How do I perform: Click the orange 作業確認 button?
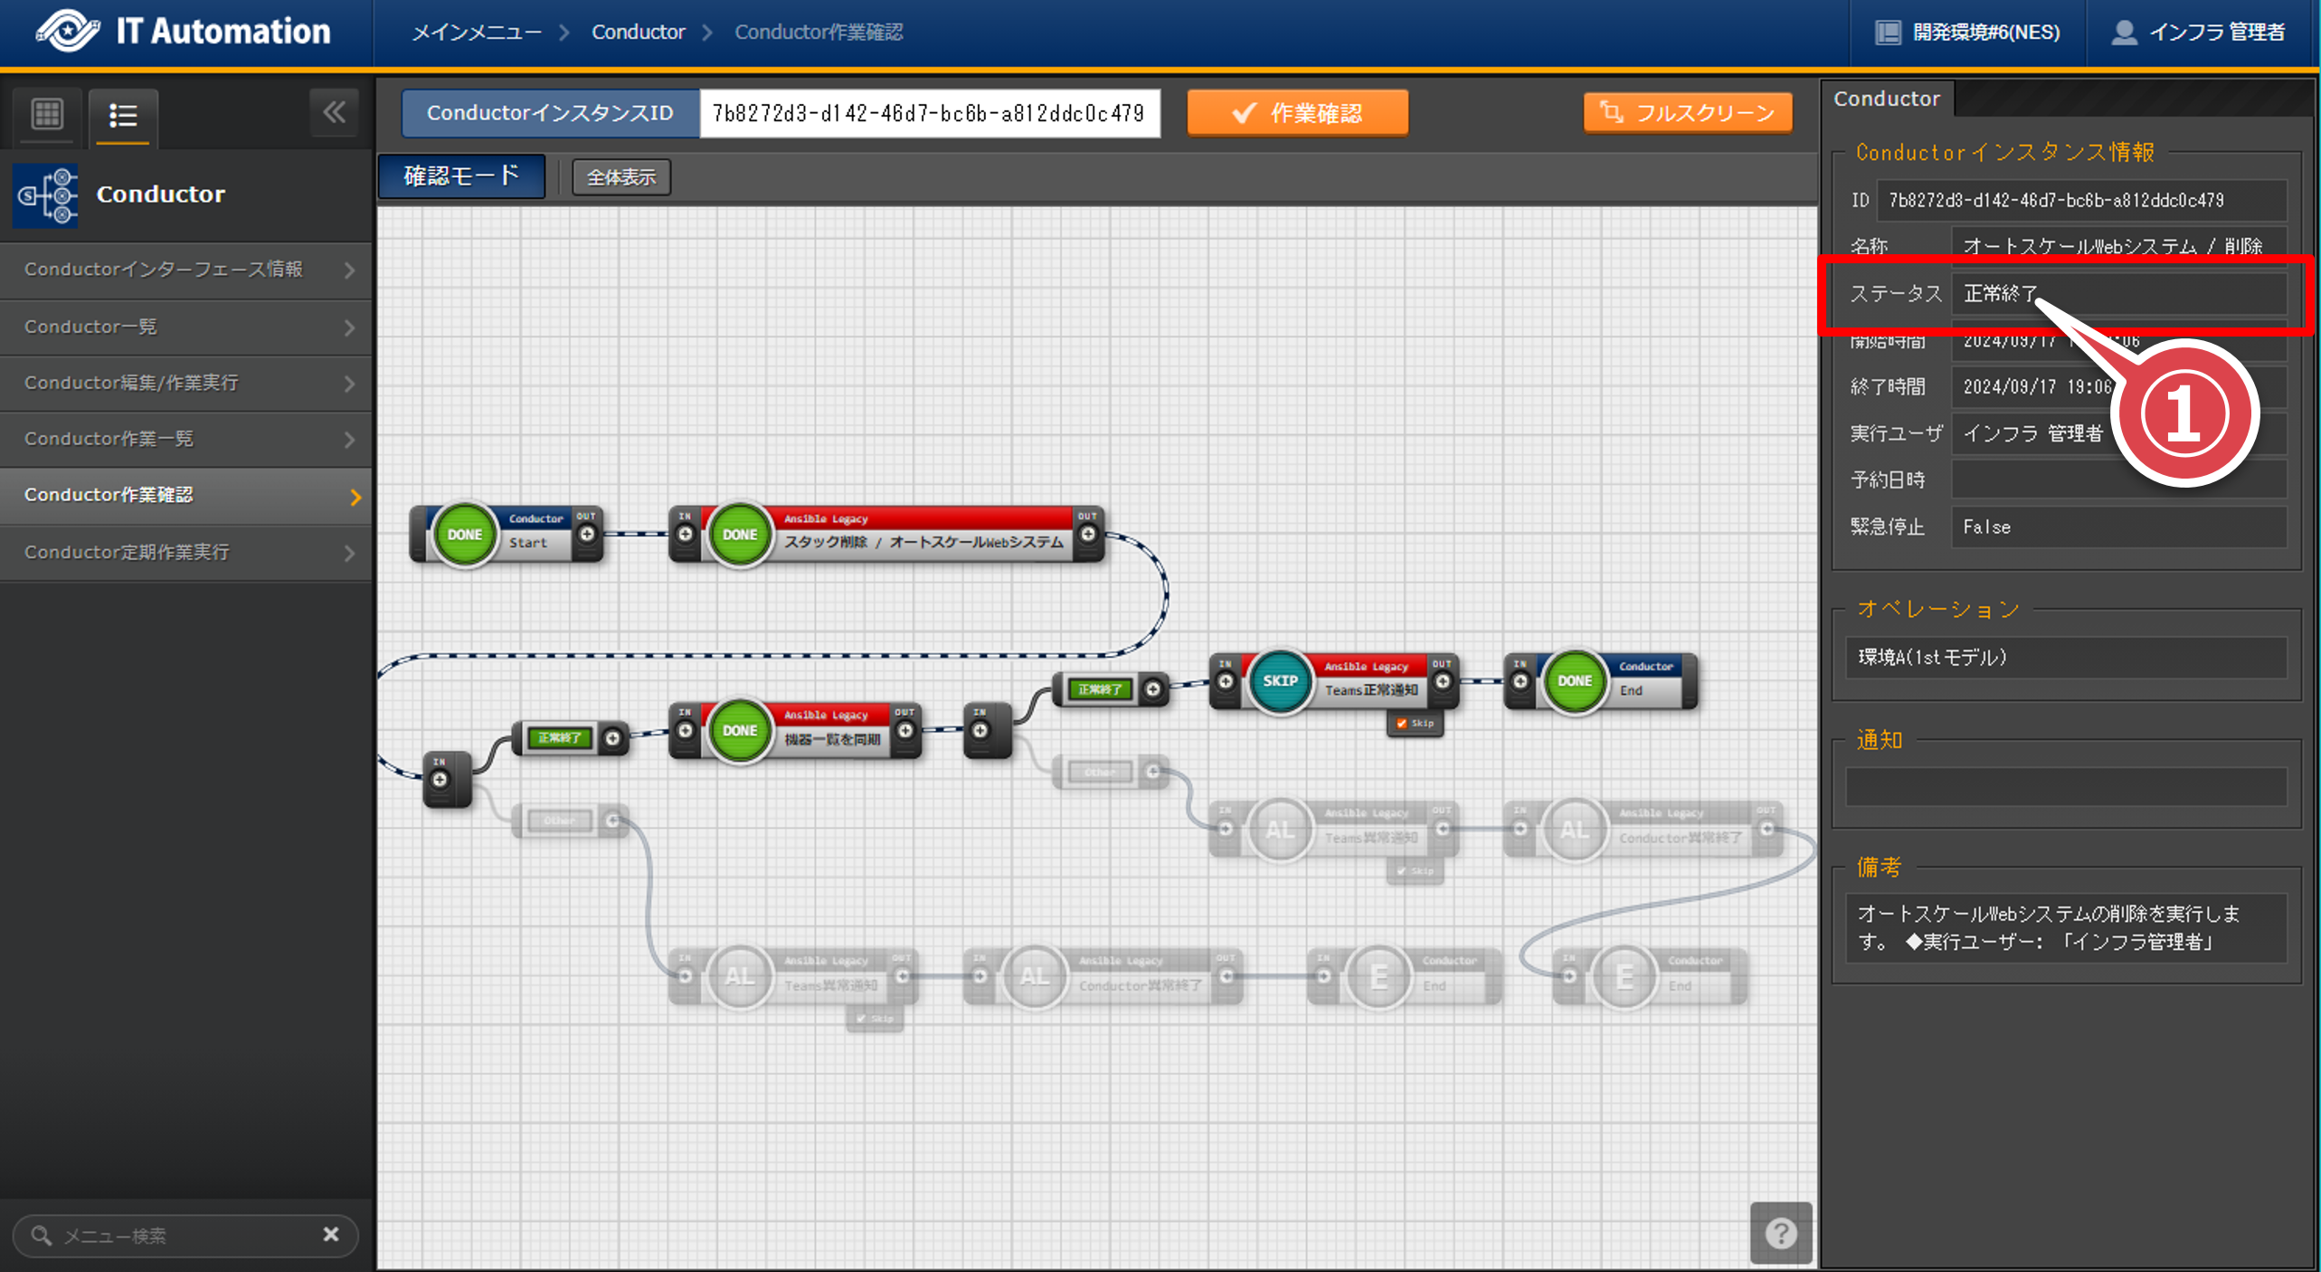[x=1297, y=113]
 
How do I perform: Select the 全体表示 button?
[x=621, y=177]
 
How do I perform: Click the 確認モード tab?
[x=461, y=176]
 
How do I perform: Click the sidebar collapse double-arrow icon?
[x=334, y=113]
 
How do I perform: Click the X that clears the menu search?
[x=331, y=1234]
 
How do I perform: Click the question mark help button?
[x=1780, y=1232]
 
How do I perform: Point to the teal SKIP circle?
[x=1280, y=681]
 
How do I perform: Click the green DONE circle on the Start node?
[x=465, y=535]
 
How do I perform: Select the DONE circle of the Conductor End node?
[x=1574, y=681]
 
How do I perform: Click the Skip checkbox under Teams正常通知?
[x=1402, y=724]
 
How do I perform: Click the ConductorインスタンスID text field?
[x=929, y=113]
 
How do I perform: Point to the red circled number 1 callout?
[x=2184, y=413]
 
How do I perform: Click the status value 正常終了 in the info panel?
[x=1999, y=294]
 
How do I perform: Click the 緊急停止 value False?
[x=1987, y=527]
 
